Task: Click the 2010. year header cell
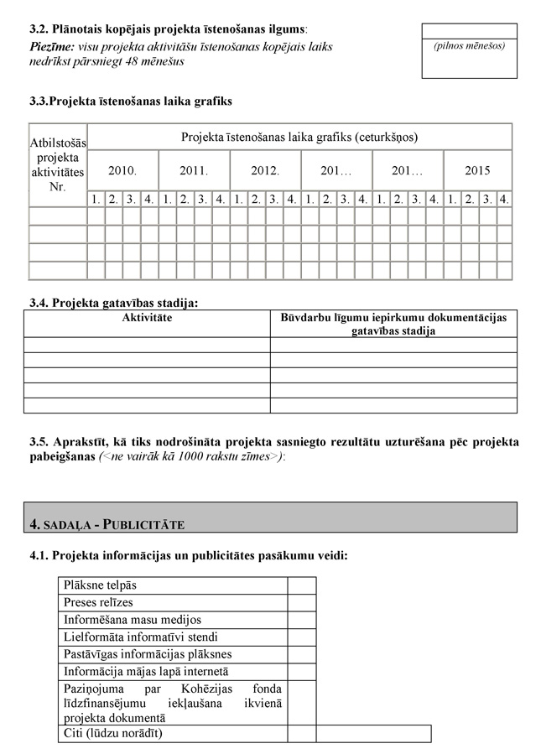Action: pos(122,170)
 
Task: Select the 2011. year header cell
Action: pos(194,170)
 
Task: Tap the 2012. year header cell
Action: pos(265,170)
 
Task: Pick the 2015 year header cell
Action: pos(477,170)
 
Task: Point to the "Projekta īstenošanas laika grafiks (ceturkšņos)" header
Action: pos(299,137)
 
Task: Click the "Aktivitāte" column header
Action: pos(147,318)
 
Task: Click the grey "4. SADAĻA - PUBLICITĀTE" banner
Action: pos(270,517)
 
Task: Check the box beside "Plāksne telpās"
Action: pos(301,585)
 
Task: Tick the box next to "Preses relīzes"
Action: pos(301,602)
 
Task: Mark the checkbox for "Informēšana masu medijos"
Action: pos(301,620)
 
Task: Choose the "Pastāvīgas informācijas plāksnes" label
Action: pos(148,654)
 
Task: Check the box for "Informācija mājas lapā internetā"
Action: pos(301,672)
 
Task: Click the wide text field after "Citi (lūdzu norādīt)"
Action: pos(373,734)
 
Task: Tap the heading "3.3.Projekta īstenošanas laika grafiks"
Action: pos(130,101)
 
